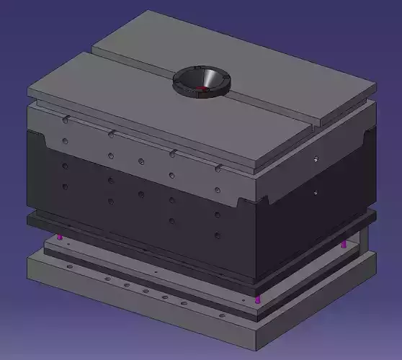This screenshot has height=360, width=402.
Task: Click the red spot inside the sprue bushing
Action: point(203,89)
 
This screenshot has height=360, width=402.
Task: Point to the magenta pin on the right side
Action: point(344,245)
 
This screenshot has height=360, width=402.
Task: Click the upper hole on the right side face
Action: point(315,157)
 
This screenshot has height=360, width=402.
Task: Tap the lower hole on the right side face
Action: point(315,192)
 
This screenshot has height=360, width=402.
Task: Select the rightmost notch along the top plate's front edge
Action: point(217,167)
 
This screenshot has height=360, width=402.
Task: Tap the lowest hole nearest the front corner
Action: point(217,235)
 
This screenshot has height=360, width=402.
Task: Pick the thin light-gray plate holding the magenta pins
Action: point(144,266)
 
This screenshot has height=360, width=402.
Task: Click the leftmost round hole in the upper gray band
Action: point(65,140)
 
